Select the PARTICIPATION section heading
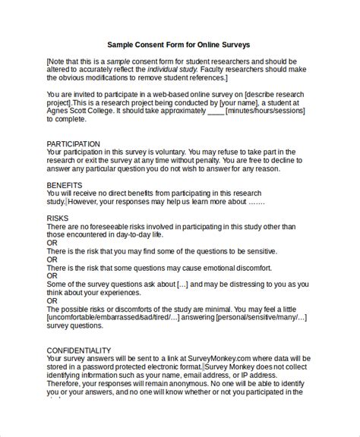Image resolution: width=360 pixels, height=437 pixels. point(74,143)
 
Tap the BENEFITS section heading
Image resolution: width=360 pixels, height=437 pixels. point(64,184)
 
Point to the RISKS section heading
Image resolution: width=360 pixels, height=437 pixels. point(57,218)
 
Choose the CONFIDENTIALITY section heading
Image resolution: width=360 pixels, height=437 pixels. point(79,350)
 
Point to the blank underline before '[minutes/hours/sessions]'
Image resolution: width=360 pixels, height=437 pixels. point(216,109)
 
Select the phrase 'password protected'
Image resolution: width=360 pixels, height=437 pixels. point(106,367)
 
